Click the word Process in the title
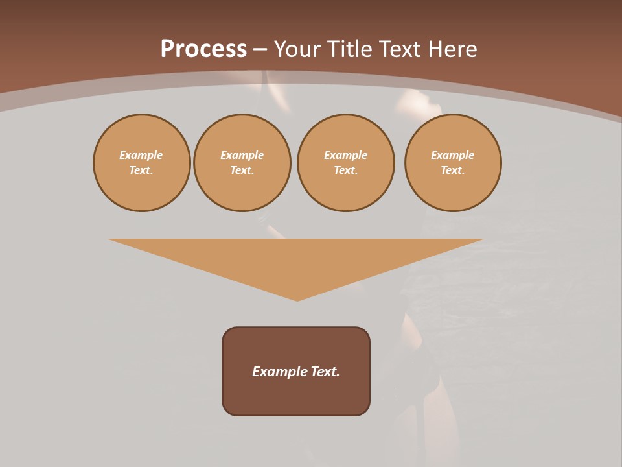pyautogui.click(x=203, y=49)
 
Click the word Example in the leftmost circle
pyautogui.click(x=141, y=155)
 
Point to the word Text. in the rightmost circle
pyautogui.click(x=453, y=170)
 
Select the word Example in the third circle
pyautogui.click(x=346, y=155)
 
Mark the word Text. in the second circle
pyautogui.click(x=242, y=170)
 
